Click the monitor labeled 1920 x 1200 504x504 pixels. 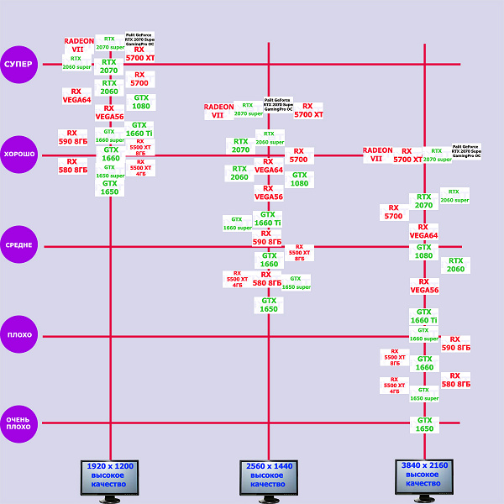(x=109, y=477)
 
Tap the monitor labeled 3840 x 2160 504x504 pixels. (x=424, y=476)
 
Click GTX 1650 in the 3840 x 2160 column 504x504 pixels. (x=425, y=425)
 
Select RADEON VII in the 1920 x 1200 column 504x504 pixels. (x=79, y=45)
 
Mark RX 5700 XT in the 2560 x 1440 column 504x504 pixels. (x=308, y=110)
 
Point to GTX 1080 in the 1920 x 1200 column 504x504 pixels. (x=140, y=102)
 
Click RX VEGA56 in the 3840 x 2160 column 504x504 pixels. (x=424, y=286)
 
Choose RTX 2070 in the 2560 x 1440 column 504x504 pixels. (x=241, y=146)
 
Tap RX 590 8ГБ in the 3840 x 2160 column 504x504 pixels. (x=455, y=344)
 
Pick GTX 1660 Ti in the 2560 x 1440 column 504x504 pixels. (x=268, y=218)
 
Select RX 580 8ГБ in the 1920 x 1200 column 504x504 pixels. (x=73, y=165)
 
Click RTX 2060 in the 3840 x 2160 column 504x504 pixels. (x=455, y=265)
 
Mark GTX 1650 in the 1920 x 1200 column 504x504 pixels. (x=110, y=187)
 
